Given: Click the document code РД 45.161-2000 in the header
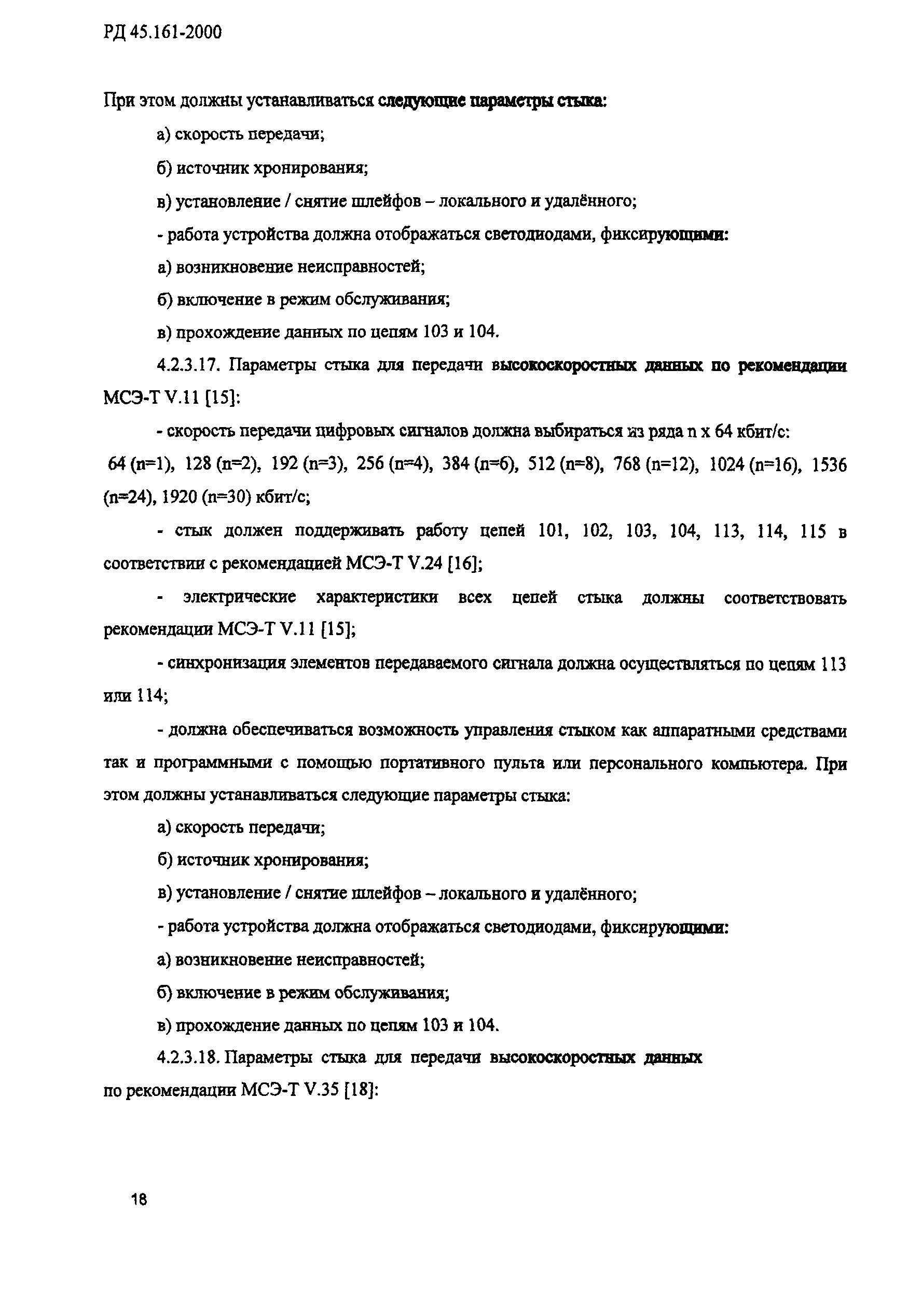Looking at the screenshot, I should [x=162, y=33].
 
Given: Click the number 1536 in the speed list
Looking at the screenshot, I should [x=830, y=465].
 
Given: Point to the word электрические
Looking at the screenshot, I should [x=239, y=597].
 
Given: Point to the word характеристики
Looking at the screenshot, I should [x=377, y=597].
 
